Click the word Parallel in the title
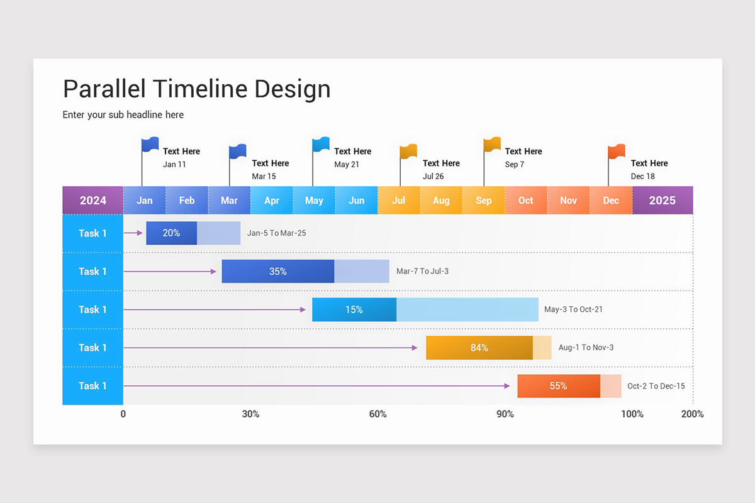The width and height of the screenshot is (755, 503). [x=105, y=89]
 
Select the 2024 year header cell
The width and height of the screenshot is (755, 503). [x=93, y=201]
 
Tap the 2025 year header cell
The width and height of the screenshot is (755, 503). [x=662, y=201]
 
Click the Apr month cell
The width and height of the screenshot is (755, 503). [x=272, y=201]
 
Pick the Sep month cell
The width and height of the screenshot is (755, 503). [x=484, y=201]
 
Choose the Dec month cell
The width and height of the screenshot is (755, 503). [x=611, y=201]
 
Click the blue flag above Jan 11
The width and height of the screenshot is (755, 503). [x=150, y=145]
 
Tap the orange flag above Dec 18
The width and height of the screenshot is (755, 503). [x=617, y=152]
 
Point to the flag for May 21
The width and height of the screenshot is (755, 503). [x=321, y=145]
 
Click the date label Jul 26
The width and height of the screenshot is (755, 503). [x=433, y=177]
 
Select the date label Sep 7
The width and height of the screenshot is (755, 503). [x=514, y=165]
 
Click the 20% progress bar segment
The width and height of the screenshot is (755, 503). [x=171, y=233]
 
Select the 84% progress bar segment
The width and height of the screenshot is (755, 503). [x=479, y=348]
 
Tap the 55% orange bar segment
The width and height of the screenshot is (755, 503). [x=558, y=386]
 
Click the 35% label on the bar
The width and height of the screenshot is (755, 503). [x=277, y=272]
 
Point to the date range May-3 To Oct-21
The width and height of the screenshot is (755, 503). [x=573, y=309]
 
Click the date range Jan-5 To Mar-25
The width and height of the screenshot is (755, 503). [x=276, y=233]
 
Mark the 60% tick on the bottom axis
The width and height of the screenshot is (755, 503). [x=377, y=414]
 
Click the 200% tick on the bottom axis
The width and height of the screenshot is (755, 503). [x=692, y=414]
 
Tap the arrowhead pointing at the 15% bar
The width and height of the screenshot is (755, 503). [x=303, y=309]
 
